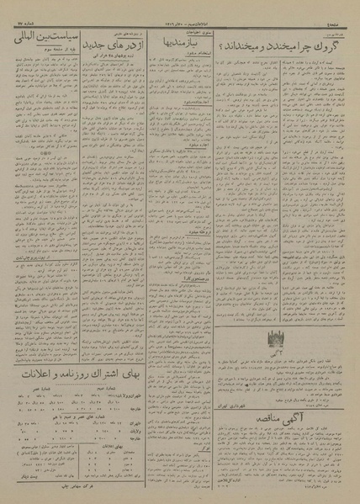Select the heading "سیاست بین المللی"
[x=41, y=38]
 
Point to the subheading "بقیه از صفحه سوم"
[x=41, y=50]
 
